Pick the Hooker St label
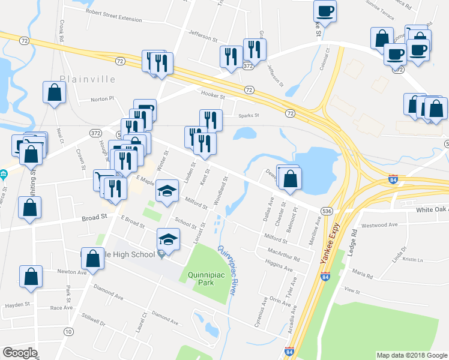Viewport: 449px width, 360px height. click(x=213, y=96)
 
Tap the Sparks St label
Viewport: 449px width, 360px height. click(x=249, y=115)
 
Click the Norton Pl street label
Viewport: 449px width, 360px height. click(x=102, y=100)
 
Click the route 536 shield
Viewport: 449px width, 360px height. click(x=327, y=211)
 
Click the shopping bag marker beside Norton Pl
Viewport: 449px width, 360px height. click(x=54, y=93)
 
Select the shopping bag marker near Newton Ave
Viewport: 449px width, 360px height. click(x=31, y=277)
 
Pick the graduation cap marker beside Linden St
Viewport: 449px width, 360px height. click(x=167, y=192)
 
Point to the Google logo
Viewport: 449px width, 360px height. click(x=20, y=352)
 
